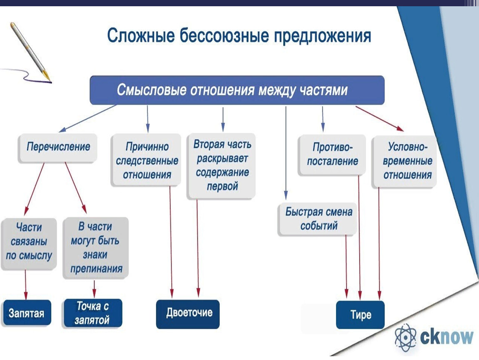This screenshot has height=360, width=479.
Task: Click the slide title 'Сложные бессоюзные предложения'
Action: [239, 36]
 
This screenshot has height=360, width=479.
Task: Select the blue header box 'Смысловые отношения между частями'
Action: [237, 90]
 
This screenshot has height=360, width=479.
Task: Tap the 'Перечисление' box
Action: [58, 147]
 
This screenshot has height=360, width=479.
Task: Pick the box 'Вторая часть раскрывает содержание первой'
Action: [222, 165]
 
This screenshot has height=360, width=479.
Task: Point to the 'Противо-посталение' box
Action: [332, 154]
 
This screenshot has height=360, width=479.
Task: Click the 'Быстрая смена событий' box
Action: [319, 219]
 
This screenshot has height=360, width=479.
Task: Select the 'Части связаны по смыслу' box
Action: [29, 242]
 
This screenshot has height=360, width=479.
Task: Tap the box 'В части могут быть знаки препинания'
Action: [96, 247]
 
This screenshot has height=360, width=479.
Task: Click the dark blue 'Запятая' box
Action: [27, 313]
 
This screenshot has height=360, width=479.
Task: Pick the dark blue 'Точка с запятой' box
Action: [93, 313]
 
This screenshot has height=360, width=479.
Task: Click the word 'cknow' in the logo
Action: [446, 336]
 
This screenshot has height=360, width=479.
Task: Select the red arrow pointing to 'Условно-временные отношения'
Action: [379, 118]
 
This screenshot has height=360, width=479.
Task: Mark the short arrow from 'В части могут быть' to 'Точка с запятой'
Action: [94, 289]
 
